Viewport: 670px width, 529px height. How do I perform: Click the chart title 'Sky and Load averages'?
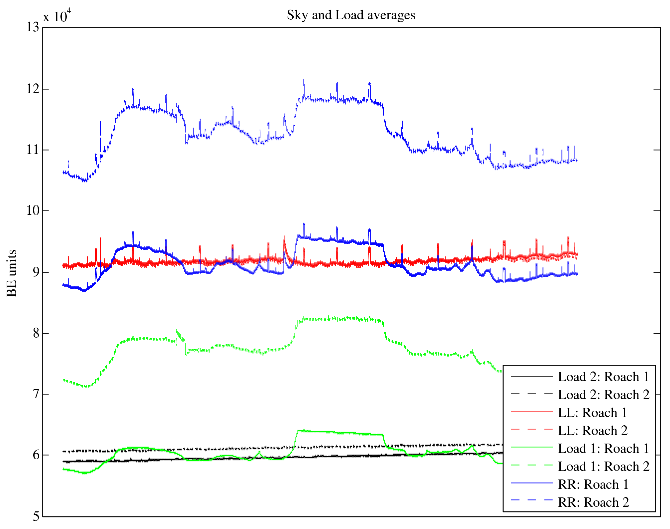pyautogui.click(x=351, y=15)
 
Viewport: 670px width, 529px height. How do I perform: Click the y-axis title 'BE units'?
pyautogui.click(x=12, y=273)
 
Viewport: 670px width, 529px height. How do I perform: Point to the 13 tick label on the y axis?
pyautogui.click(x=33, y=27)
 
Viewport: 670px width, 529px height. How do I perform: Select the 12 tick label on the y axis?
pyautogui.click(x=33, y=89)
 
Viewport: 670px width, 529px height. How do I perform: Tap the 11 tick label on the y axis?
pyautogui.click(x=33, y=150)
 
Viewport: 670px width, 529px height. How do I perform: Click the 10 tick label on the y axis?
pyautogui.click(x=33, y=211)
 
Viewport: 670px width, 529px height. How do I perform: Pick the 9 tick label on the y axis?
pyautogui.click(x=36, y=272)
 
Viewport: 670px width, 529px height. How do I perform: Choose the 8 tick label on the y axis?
pyautogui.click(x=36, y=333)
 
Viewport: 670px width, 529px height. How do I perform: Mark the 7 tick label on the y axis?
pyautogui.click(x=36, y=394)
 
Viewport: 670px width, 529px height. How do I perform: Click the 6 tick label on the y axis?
pyautogui.click(x=36, y=455)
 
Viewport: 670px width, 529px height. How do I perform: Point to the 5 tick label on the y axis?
pyautogui.click(x=36, y=516)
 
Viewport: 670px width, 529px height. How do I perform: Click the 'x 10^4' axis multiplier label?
pyautogui.click(x=57, y=15)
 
